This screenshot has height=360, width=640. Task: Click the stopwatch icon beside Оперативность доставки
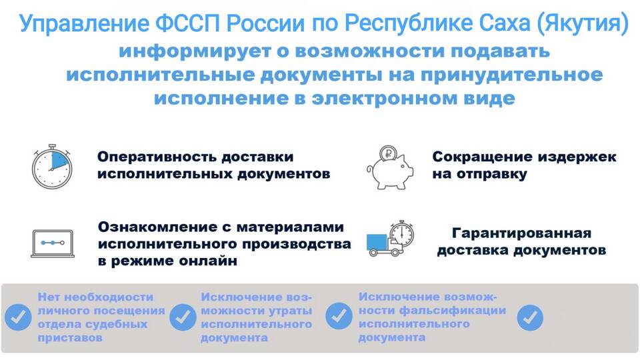coord(52,167)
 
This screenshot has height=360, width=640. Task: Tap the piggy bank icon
coord(390,171)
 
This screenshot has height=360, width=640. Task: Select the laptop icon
coord(53,244)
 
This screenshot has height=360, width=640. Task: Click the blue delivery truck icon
coord(385,245)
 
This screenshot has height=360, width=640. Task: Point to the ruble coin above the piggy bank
coord(388,154)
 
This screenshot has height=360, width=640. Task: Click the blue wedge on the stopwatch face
coord(59,160)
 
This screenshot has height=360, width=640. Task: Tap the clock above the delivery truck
coord(401,233)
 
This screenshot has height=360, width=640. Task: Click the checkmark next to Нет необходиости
coord(18,317)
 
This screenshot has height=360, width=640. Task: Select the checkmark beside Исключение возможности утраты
coord(183,317)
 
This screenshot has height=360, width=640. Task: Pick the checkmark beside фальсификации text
coord(339,316)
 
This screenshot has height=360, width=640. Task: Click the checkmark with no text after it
coord(530,317)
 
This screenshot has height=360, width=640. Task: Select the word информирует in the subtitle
coord(195,52)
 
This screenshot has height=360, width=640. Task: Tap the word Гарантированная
coord(521,233)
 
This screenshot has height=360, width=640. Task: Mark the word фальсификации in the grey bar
coord(452,311)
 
